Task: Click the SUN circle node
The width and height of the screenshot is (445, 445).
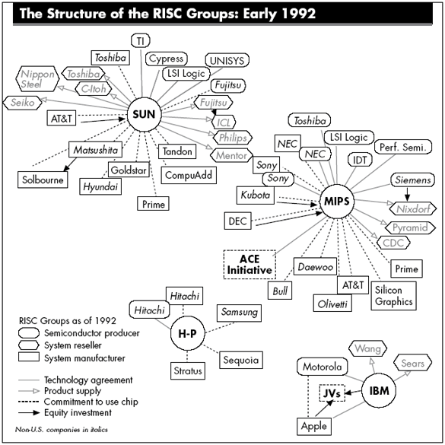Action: (145, 114)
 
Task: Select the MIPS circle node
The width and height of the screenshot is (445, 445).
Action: (337, 202)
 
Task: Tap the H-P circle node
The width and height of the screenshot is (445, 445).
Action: (187, 333)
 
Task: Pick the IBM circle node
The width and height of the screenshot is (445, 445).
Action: (379, 391)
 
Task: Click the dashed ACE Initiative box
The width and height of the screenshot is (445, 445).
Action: (250, 264)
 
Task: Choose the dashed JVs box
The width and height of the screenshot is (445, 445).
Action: (332, 393)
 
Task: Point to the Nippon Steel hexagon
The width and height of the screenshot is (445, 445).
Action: (37, 79)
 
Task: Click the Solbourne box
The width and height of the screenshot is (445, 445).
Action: (43, 180)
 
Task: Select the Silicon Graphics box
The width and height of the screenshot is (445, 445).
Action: (393, 295)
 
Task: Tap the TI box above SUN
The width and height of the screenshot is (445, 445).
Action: (141, 41)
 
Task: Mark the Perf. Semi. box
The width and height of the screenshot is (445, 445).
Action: (403, 147)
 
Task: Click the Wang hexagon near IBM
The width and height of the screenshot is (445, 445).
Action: (367, 348)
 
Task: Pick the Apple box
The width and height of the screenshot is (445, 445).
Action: (314, 426)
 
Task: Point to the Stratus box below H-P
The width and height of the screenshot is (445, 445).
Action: (188, 370)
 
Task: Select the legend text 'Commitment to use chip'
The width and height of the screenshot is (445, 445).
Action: (91, 402)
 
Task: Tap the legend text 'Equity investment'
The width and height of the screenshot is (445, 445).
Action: (78, 412)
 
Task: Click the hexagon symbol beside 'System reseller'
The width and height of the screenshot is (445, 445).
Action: (29, 345)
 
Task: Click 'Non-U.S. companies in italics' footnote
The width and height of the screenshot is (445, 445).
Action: (62, 430)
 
